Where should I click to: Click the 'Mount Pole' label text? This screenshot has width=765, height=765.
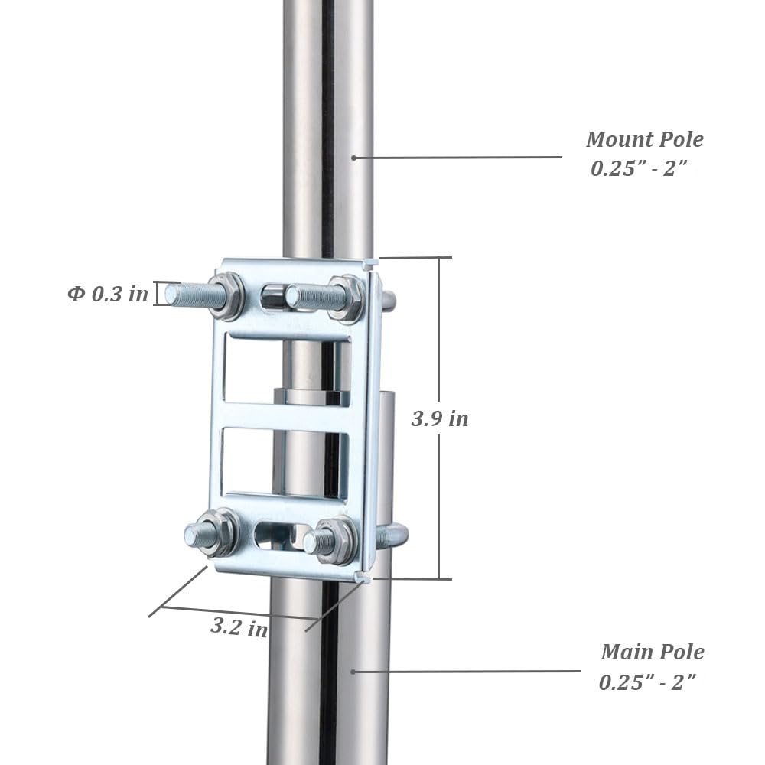click(x=644, y=140)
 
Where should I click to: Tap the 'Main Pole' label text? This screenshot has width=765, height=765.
click(x=652, y=653)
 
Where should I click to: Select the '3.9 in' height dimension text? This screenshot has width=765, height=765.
click(x=439, y=419)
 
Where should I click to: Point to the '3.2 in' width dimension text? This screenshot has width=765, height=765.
click(x=239, y=628)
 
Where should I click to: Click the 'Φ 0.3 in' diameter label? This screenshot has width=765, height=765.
click(x=108, y=294)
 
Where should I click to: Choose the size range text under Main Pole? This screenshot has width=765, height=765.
click(x=647, y=682)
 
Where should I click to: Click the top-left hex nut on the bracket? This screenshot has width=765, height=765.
click(x=226, y=296)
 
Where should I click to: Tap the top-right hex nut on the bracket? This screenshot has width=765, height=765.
click(x=347, y=298)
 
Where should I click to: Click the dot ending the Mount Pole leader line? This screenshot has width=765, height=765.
click(x=353, y=158)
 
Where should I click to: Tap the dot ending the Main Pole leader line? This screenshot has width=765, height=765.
click(x=353, y=672)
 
